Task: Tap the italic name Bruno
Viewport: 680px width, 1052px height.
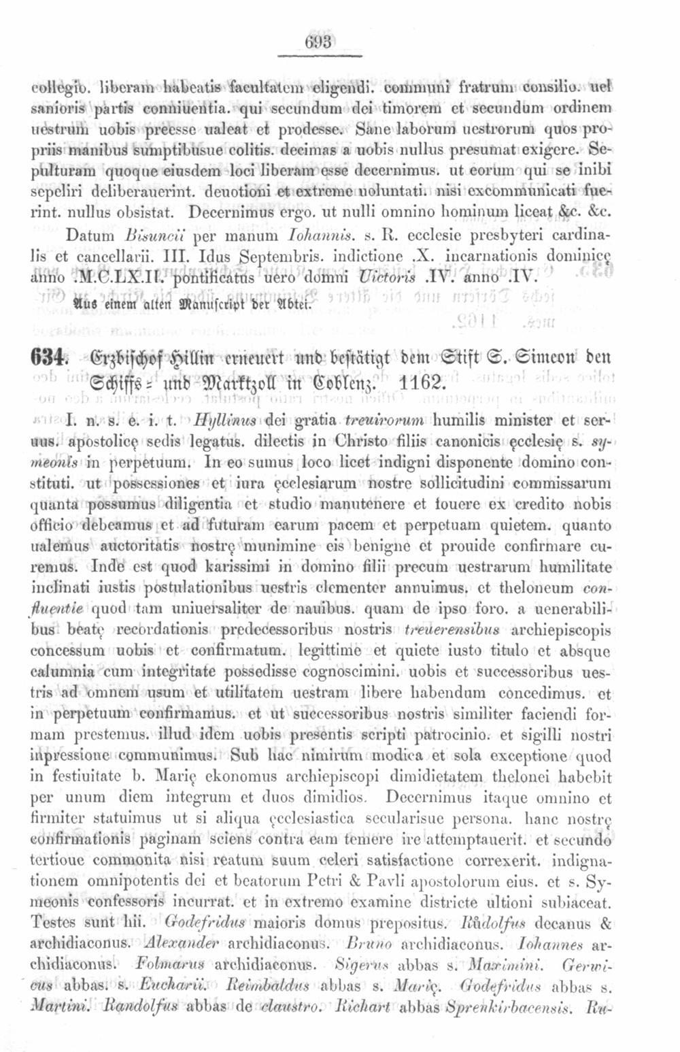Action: (369, 944)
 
